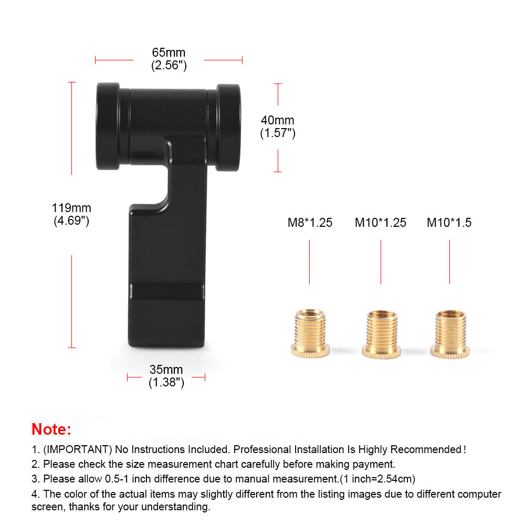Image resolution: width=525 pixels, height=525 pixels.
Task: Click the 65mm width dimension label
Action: (x=169, y=53)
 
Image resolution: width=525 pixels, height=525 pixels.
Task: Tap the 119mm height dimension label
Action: (x=71, y=207)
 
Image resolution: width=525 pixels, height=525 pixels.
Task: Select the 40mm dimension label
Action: (x=278, y=121)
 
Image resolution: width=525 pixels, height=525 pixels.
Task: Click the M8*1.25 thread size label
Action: (x=310, y=223)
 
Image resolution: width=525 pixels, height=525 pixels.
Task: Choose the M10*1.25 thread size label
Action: (x=381, y=223)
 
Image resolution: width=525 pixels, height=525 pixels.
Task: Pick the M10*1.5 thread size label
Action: (x=449, y=223)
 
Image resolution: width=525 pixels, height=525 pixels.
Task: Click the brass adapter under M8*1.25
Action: (x=310, y=333)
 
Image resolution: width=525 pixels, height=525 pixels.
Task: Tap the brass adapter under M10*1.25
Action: (x=381, y=333)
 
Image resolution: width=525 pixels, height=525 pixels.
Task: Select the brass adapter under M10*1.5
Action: (x=449, y=333)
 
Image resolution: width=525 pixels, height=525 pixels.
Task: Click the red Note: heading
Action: (x=51, y=429)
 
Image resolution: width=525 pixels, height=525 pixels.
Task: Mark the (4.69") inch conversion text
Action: (x=71, y=220)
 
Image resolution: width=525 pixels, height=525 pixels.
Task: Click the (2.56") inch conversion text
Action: (x=169, y=66)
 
